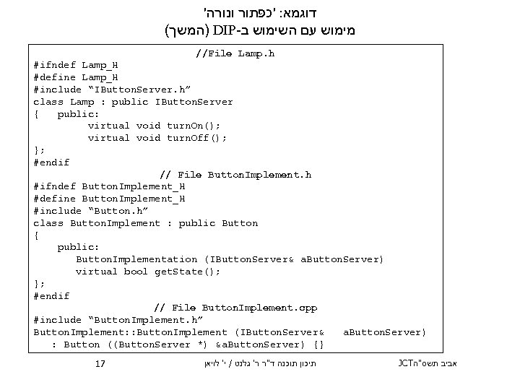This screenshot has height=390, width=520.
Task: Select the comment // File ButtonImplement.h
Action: point(235,175)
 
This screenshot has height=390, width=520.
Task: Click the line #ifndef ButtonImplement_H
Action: point(109,186)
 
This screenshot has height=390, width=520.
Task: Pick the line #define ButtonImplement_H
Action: point(109,199)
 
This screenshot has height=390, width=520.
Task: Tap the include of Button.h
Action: point(91,211)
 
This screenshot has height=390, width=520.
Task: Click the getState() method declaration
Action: point(148,272)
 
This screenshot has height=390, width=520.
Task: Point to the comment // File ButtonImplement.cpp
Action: point(235,308)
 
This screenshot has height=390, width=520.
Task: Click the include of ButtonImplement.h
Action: point(118,320)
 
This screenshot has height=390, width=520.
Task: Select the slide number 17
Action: point(100,365)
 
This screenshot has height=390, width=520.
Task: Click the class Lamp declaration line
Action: point(133,102)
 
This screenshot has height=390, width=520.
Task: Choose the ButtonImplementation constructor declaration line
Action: point(230,259)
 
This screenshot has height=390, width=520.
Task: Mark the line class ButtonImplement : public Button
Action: point(145,223)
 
